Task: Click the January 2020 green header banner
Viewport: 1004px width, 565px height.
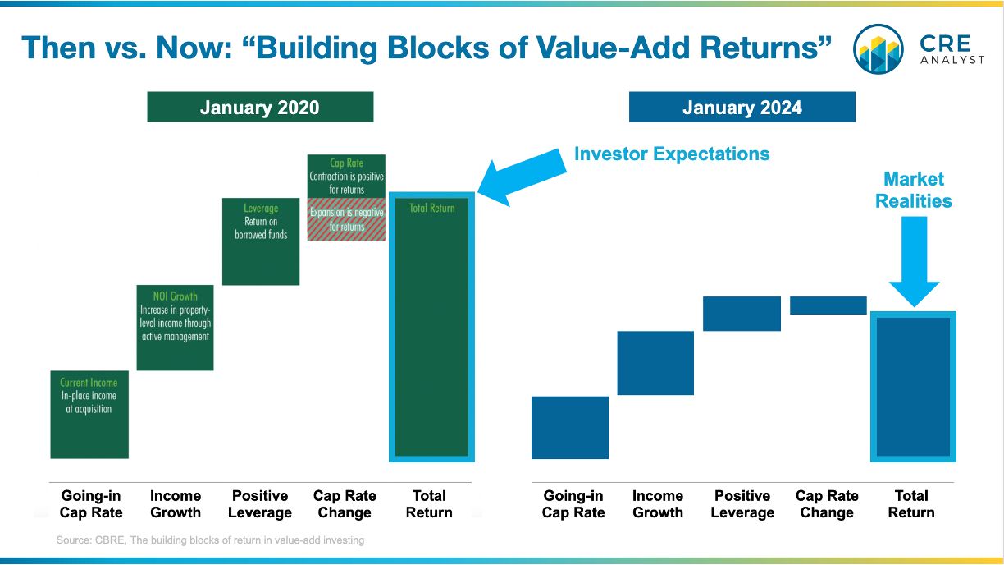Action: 260,107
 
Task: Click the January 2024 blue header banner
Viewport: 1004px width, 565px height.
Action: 742,107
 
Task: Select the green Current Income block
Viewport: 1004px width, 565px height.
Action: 89,414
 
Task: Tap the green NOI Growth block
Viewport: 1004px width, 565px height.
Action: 175,328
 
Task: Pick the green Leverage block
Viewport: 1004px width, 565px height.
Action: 261,241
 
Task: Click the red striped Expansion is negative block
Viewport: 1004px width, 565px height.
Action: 346,219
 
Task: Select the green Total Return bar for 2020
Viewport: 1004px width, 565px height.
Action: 431,327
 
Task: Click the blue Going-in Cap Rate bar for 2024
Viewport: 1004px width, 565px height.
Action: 570,427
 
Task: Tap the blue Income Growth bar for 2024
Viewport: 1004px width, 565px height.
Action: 655,363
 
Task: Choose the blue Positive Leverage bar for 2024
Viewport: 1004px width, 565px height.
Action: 742,314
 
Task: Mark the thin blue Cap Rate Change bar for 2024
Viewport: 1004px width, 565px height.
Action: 828,305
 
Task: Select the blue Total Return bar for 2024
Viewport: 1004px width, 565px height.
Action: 913,387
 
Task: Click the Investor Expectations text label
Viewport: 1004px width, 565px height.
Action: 672,154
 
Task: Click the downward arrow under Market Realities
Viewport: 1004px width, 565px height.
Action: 914,262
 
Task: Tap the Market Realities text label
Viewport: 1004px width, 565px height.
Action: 914,190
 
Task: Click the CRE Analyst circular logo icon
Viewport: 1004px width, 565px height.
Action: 878,48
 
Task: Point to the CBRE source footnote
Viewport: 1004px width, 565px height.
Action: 210,540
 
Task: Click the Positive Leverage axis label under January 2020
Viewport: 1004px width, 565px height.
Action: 260,504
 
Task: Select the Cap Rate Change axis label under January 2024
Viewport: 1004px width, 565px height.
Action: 827,504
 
